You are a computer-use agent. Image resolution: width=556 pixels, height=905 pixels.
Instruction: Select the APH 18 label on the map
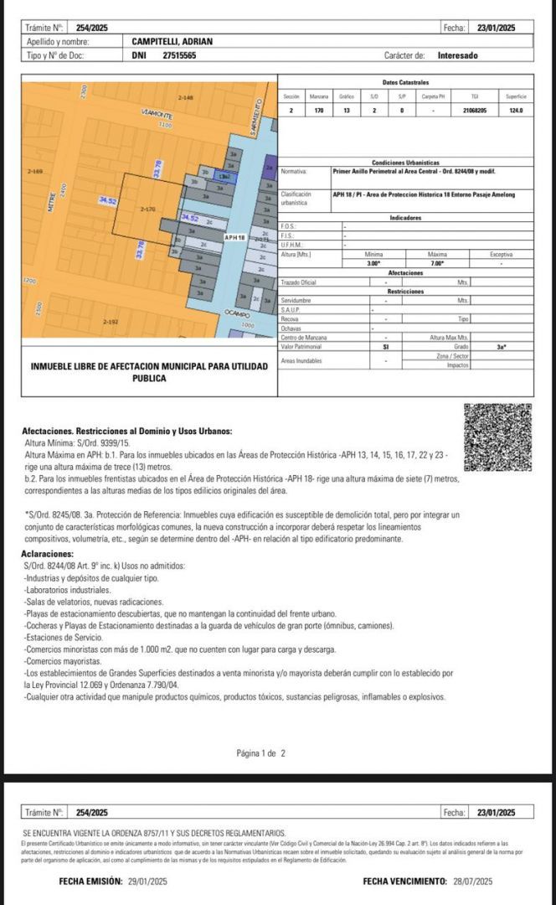coord(234,237)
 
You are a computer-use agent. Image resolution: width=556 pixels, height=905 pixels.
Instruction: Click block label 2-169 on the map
coord(34,172)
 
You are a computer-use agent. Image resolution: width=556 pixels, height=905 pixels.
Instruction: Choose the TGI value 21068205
coord(475,111)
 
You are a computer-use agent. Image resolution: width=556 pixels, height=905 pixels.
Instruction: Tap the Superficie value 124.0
coord(516,111)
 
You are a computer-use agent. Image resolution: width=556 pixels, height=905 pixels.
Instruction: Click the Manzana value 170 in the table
coord(319,111)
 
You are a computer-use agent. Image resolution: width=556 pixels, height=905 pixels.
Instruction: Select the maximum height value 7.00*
coord(437,263)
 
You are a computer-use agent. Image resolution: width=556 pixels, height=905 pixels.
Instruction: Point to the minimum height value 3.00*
coord(373,263)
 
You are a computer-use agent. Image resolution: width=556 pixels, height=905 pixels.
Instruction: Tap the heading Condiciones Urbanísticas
coord(405,163)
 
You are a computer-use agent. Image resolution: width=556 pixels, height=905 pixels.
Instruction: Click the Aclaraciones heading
coord(49,555)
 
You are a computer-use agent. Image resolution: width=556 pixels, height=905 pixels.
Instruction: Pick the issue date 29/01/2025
coord(147,881)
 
